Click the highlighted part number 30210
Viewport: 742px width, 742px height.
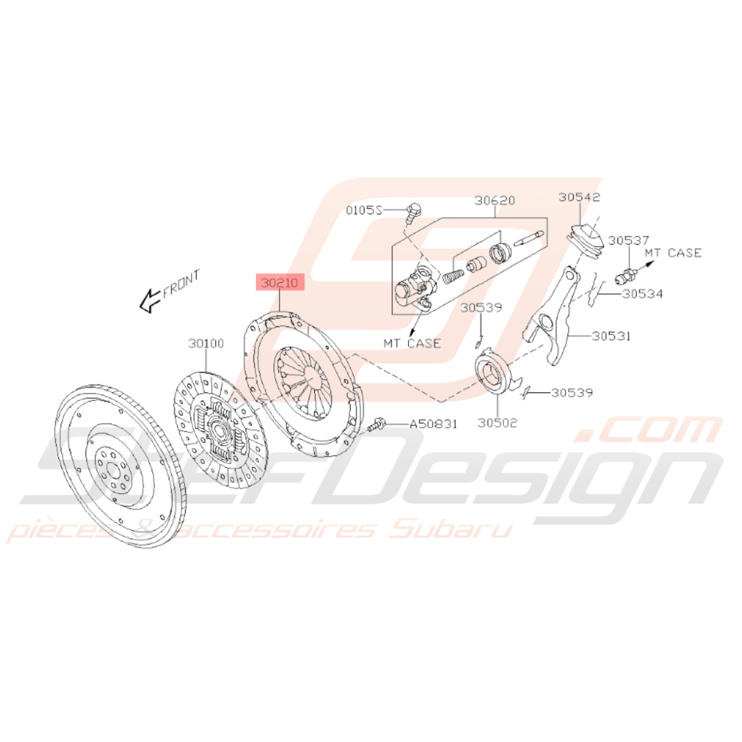point(280,282)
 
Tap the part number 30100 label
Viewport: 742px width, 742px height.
point(206,343)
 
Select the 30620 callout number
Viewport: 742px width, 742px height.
point(494,201)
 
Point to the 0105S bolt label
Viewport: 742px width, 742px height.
point(363,210)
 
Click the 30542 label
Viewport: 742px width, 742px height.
point(579,197)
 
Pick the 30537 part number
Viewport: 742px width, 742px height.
point(628,241)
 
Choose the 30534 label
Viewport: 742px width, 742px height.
point(642,294)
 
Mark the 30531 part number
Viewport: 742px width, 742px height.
point(611,336)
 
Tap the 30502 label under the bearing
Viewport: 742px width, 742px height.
point(497,422)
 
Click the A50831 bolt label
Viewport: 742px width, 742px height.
point(434,424)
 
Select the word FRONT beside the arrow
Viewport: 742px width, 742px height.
point(182,283)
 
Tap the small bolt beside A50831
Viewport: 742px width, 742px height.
point(377,425)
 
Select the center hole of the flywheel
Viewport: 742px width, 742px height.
point(112,469)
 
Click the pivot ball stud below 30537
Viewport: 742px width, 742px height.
point(626,276)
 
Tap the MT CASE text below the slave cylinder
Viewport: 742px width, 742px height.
point(412,343)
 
